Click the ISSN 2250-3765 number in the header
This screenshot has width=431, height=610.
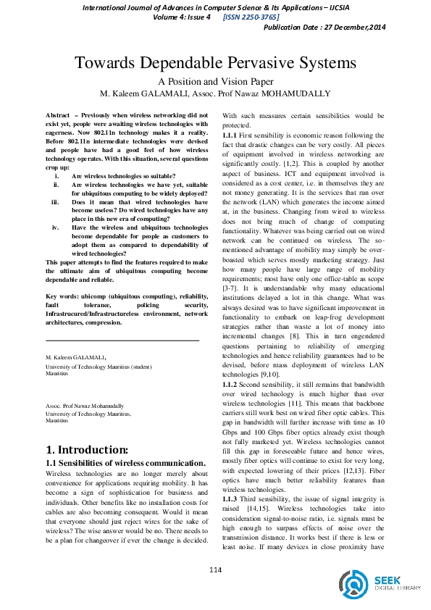[249, 17]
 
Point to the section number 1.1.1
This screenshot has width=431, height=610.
[229, 135]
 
